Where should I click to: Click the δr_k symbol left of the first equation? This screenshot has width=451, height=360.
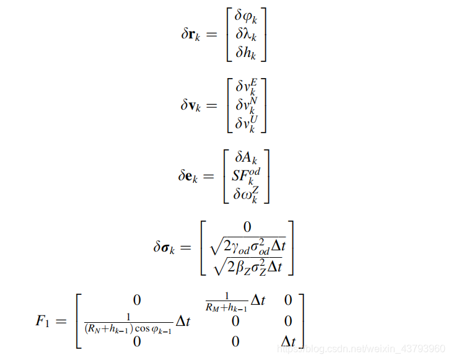(x=190, y=35)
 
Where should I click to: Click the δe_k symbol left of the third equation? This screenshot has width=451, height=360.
(x=190, y=176)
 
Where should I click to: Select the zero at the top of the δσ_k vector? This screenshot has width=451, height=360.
(x=247, y=227)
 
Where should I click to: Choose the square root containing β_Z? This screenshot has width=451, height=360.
(x=247, y=266)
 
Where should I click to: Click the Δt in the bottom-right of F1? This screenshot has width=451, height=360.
(x=288, y=341)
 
